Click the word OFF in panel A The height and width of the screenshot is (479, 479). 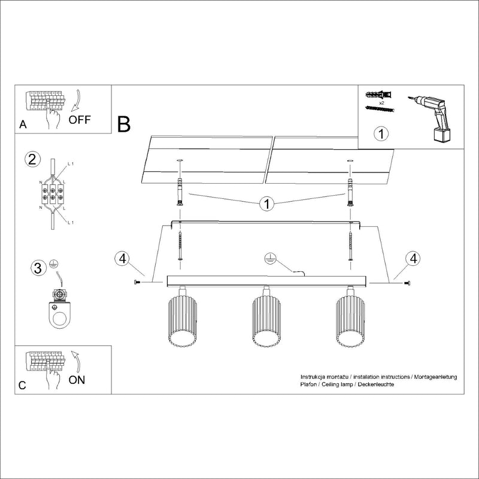79,119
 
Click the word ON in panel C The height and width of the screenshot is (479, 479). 77,380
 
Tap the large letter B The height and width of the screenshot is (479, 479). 124,125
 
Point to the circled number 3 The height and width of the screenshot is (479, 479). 38,268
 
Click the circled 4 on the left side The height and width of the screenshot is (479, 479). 122,259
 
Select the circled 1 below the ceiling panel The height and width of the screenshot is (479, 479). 267,204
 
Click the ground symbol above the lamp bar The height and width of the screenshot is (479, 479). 270,259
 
